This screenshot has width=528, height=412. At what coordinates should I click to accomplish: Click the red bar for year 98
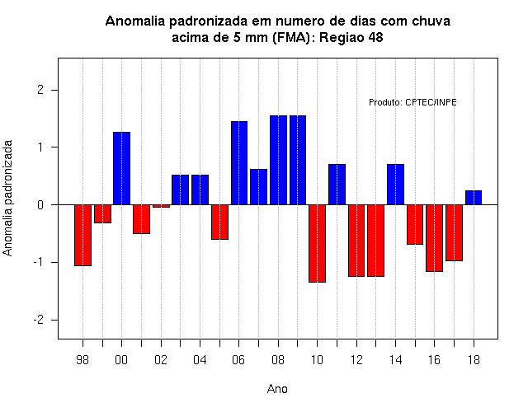[x=82, y=235]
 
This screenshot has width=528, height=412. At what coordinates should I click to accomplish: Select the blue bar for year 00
[x=121, y=168]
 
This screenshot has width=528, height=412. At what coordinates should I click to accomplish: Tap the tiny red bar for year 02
[x=161, y=206]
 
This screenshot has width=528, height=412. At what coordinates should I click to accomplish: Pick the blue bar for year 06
[x=239, y=163]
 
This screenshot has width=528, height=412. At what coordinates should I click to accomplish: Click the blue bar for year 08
[x=279, y=160]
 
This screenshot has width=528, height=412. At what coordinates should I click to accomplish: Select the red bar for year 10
[x=317, y=243]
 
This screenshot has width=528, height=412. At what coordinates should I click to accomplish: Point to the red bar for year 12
[x=356, y=241]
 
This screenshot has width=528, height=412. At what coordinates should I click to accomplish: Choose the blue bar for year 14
[x=395, y=185]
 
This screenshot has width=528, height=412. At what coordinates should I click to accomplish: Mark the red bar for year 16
[x=435, y=238]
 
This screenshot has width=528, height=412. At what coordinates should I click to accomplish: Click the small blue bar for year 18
[x=474, y=198]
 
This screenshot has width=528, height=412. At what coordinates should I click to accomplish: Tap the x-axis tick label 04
[x=200, y=360]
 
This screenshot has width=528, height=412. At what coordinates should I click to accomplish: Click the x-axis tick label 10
[x=317, y=360]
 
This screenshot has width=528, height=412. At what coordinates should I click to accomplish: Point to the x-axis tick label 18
[x=474, y=360]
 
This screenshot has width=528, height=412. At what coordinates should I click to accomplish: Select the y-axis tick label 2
[x=40, y=90]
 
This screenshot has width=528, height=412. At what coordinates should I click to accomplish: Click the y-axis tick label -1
[x=39, y=262]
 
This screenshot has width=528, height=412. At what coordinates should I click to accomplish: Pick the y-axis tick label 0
[x=40, y=205]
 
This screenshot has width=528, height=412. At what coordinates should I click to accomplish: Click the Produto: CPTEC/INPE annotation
[x=412, y=102]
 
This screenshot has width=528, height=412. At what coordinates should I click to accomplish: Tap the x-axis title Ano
[x=277, y=389]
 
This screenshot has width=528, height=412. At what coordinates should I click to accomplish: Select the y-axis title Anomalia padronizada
[x=7, y=198]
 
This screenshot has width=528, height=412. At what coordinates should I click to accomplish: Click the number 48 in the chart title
[x=375, y=37]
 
